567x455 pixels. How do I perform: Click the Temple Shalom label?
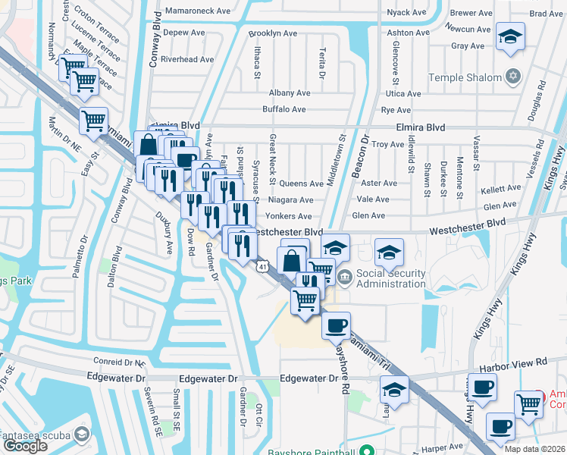click(x=465, y=77)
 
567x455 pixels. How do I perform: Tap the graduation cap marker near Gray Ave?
click(x=510, y=36)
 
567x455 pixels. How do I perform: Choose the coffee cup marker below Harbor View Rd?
click(x=482, y=388)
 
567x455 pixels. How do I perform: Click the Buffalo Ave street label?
click(x=283, y=109)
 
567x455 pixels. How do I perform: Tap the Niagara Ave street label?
click(x=291, y=200)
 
